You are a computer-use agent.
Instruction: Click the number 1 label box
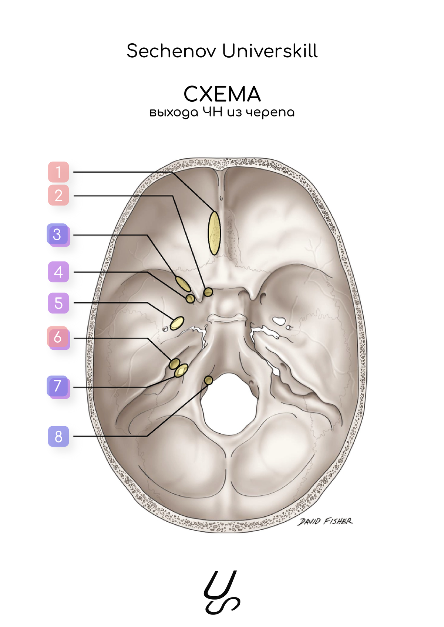point(58,172)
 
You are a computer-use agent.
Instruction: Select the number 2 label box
point(58,195)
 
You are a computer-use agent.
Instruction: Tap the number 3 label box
point(58,235)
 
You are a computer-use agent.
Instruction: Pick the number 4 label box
point(58,272)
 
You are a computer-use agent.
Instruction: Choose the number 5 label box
point(58,303)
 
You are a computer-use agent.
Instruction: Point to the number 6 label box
point(58,338)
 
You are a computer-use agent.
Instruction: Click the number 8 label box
point(58,436)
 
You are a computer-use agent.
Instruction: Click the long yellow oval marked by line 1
point(214,233)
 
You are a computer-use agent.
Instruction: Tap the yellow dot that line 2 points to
point(209,292)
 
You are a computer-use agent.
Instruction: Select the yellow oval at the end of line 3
point(183,284)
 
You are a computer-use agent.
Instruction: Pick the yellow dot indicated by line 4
point(190,298)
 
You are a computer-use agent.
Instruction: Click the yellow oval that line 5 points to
point(177,323)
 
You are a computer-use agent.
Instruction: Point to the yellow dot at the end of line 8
point(209,380)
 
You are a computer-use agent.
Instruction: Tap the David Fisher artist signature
point(325,521)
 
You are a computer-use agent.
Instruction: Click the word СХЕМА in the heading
point(222,94)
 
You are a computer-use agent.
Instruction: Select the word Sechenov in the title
point(171,51)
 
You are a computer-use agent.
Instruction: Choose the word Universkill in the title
point(270,51)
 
